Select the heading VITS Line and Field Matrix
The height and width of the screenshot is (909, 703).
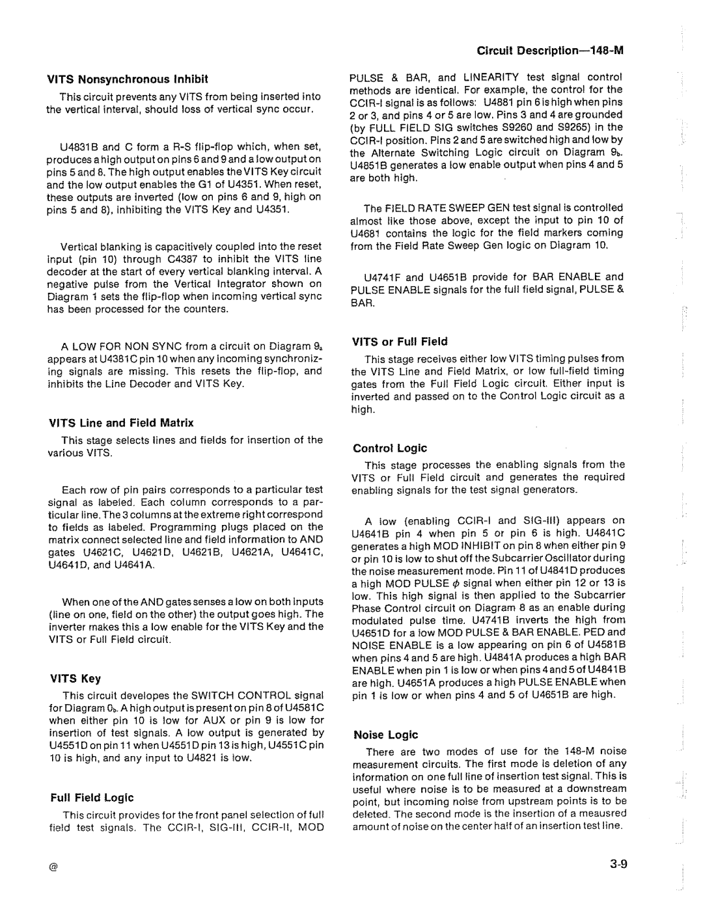coord(120,422)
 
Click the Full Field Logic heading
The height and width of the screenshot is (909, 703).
coord(92,797)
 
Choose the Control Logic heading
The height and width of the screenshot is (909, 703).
coord(390,448)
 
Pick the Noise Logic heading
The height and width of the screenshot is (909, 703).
coord(385,735)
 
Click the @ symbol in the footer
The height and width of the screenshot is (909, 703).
coord(54,869)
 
